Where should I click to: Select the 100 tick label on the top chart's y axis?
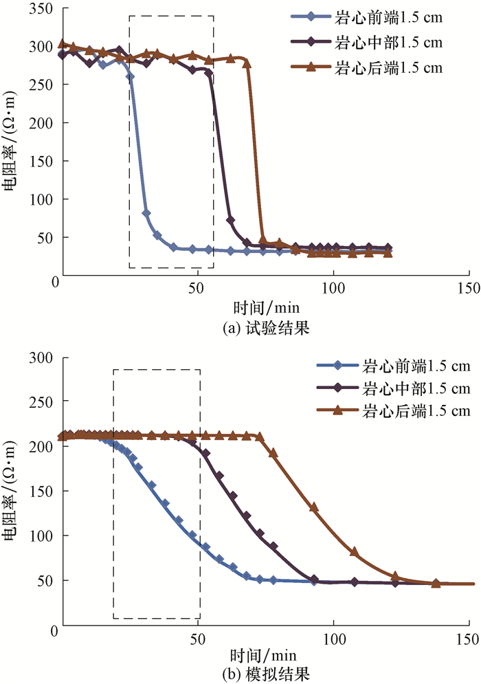tap(42, 200)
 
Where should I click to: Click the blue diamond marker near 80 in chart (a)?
tap(146, 213)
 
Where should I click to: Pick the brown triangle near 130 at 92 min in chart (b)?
tap(314, 507)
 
